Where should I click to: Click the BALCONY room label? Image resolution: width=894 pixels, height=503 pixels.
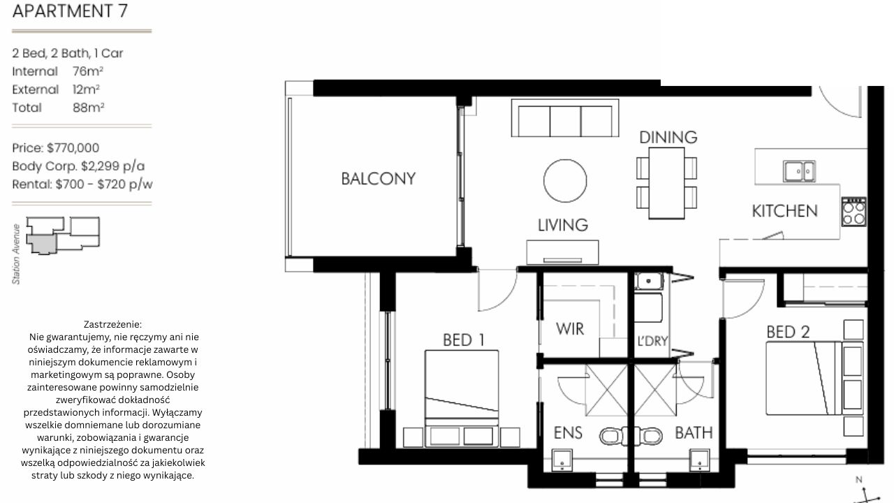[379, 178]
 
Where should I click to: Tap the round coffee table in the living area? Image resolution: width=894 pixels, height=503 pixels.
[565, 181]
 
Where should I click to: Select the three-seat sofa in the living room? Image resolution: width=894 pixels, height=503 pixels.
[565, 118]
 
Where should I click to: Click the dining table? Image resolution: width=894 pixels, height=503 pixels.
[666, 183]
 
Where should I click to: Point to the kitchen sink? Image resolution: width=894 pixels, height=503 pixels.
[799, 171]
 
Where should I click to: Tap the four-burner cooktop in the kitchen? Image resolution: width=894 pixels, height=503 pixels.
[854, 212]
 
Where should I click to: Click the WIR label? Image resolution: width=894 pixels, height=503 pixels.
[569, 329]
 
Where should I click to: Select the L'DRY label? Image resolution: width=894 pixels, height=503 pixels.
[652, 341]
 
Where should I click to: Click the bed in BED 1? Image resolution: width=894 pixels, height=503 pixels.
[462, 398]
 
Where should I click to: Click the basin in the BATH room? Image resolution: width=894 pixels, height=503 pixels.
[700, 460]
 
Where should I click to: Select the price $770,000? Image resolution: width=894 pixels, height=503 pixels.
[73, 148]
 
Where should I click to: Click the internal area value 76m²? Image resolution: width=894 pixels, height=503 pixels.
[88, 71]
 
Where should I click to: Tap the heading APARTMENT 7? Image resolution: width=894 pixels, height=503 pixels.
[70, 10]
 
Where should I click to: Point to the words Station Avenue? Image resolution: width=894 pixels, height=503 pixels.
[16, 254]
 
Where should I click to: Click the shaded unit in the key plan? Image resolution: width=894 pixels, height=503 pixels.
[41, 244]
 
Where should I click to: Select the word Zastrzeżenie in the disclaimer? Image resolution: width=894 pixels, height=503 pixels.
[112, 324]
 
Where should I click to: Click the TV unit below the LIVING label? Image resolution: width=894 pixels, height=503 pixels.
[562, 252]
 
